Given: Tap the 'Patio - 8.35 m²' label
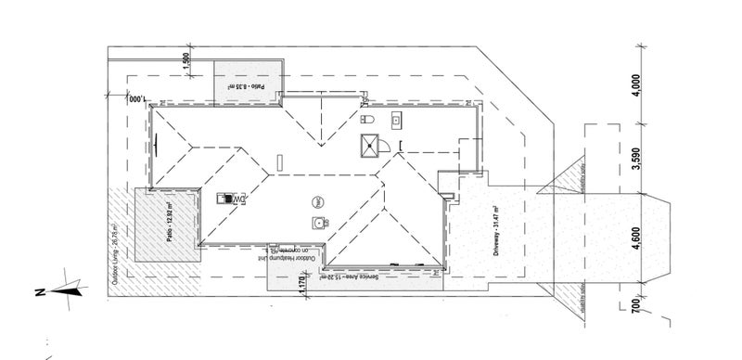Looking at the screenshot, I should tap(247, 87).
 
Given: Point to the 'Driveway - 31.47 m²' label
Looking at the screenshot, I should tap(497, 230).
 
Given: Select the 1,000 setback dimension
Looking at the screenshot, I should tap(139, 96).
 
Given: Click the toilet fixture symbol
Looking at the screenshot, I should tap(366, 121).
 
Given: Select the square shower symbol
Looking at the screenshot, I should tap(372, 146).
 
